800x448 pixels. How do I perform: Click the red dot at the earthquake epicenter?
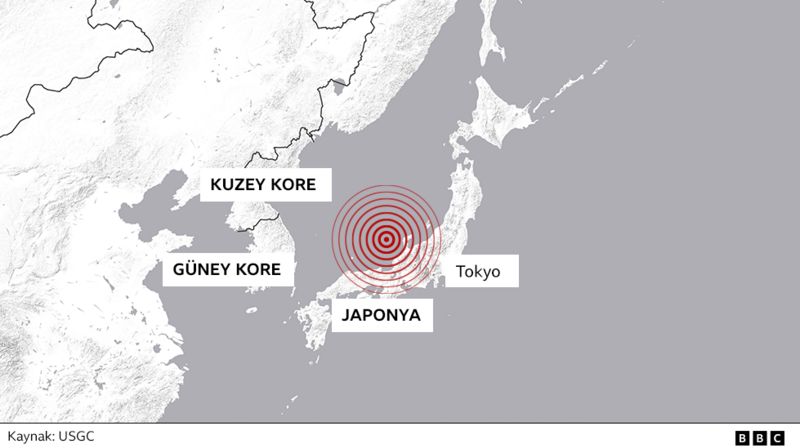[x=386, y=238]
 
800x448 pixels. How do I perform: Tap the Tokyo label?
[x=477, y=270]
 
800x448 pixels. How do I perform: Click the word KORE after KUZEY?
[x=292, y=185]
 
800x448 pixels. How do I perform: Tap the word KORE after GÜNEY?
[x=258, y=270]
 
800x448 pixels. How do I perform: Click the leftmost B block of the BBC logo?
[x=742, y=437]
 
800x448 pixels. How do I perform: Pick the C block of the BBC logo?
[x=777, y=437]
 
